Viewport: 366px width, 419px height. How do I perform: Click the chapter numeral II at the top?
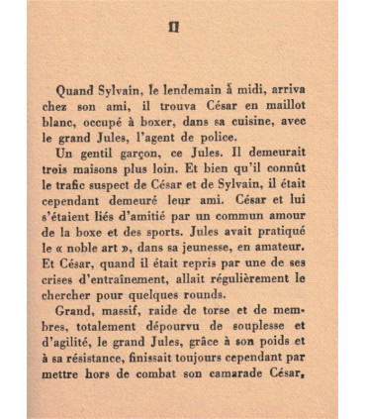[x=174, y=27]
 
